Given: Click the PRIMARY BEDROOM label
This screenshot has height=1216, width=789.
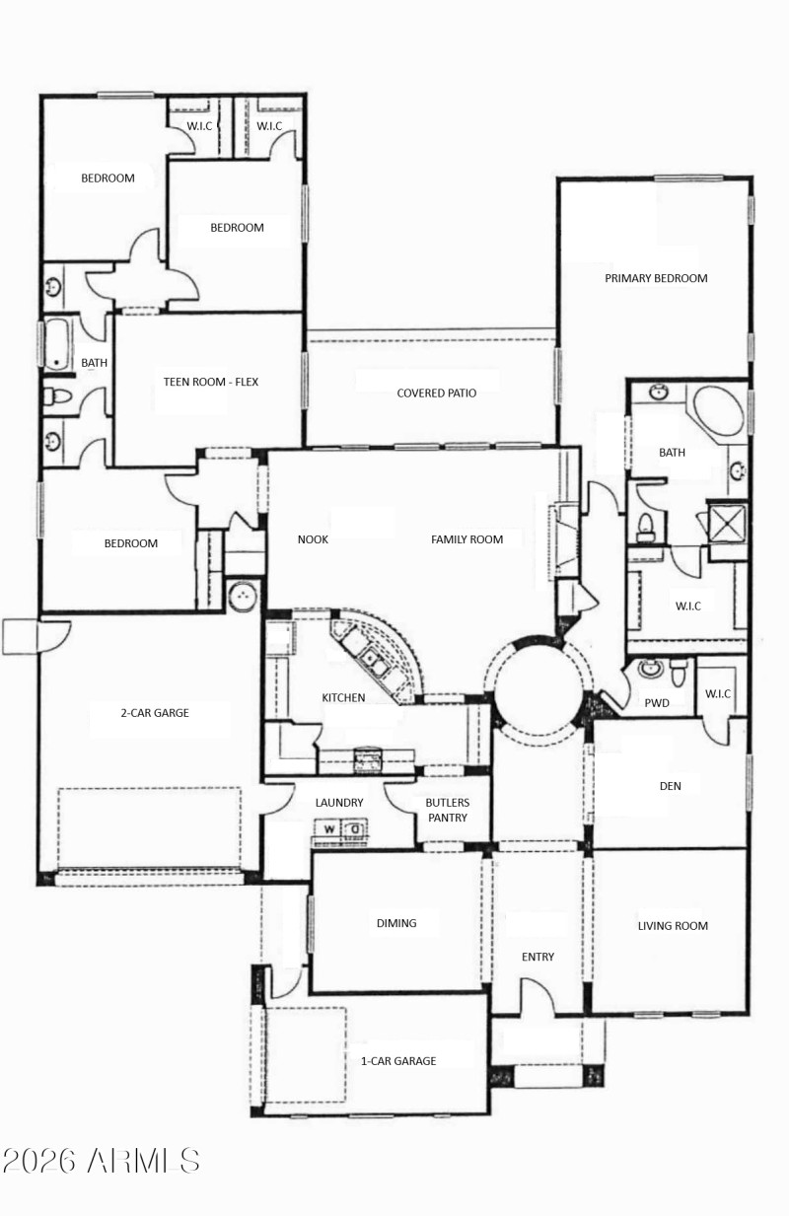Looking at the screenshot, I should coord(656,278).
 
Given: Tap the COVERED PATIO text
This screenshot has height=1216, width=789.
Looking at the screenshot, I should coord(436,393).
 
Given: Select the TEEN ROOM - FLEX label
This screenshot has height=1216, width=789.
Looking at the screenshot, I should coord(211,381).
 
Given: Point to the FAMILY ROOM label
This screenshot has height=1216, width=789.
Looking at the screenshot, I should coord(466,539).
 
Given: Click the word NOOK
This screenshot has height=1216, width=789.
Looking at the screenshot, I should coord(313,539).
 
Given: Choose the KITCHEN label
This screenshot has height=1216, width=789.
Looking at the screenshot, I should coord(343,697).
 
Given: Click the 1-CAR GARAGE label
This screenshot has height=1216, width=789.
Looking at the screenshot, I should coord(398,1060).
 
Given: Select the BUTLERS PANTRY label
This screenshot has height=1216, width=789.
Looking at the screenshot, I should coord(448,810).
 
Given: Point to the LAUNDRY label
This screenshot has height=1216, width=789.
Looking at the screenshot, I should coord(339,803).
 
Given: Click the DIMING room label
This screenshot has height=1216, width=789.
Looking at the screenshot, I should coord(395,923).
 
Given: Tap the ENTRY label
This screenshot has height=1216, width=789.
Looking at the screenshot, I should coord(538,957).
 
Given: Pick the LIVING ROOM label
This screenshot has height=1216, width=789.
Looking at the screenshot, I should coord(673,925).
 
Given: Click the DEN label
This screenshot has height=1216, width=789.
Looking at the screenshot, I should coord(671,786).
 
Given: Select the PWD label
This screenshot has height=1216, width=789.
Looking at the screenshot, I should coord(657,703).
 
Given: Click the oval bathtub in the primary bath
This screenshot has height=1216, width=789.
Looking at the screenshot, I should coord(717,412).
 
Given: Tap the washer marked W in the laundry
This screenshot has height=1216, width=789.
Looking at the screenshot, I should coord(329,829).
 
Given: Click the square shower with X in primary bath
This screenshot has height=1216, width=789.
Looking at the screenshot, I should coord(728,522).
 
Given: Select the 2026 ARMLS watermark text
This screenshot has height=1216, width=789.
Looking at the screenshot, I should coord(101,1161).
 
